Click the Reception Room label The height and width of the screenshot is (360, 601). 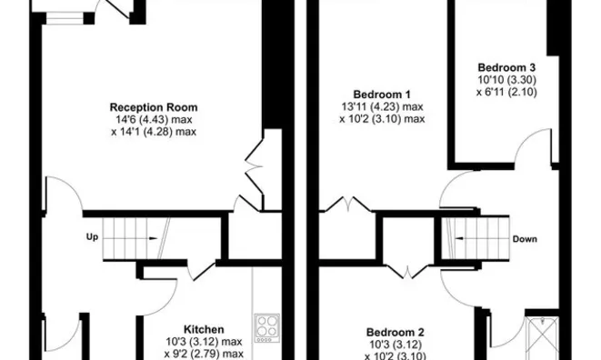(154, 107)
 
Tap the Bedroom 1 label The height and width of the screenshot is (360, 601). (382, 95)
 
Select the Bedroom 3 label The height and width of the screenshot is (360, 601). (506, 67)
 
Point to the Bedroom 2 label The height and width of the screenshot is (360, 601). (396, 332)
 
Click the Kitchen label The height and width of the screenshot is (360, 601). (204, 329)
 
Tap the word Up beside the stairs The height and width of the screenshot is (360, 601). (92, 237)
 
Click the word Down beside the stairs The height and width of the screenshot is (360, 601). (525, 239)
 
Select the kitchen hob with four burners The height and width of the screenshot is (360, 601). (267, 328)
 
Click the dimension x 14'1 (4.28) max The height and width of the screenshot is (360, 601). (154, 132)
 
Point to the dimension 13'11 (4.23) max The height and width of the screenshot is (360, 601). (382, 106)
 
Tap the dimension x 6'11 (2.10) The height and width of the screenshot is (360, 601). (506, 92)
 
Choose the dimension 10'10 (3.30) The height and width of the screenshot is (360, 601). (506, 80)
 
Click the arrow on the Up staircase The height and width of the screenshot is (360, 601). (130, 238)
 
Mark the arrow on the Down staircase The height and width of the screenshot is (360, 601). (481, 238)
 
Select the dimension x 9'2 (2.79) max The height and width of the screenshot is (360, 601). (204, 354)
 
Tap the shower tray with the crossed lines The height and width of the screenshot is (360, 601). (543, 338)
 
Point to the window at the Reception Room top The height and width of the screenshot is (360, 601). (65, 18)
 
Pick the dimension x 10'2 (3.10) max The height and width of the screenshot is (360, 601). (382, 119)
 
